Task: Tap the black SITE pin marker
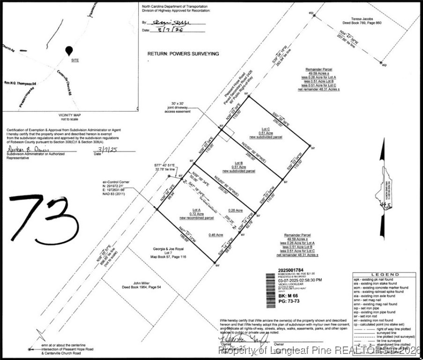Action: (69, 51)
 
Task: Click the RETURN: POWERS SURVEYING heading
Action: (183, 54)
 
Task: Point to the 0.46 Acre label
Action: (215, 234)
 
